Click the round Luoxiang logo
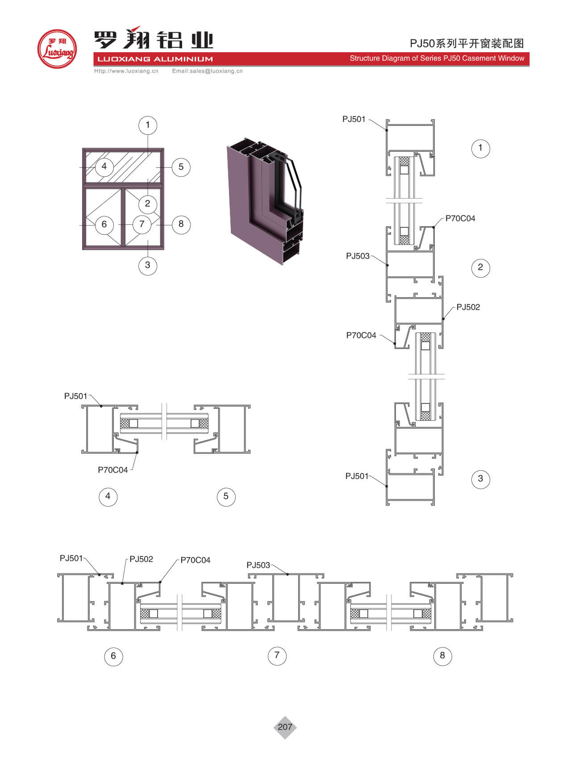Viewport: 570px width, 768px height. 57,49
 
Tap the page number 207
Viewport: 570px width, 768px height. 285,727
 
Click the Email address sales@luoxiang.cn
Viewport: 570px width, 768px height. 208,71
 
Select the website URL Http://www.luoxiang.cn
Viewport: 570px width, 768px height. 126,71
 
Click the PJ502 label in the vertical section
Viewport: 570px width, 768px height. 468,307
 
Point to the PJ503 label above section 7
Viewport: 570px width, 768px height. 258,565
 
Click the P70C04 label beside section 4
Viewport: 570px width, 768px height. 112,470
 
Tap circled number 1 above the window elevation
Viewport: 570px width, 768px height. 148,125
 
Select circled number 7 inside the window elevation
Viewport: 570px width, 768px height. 142,224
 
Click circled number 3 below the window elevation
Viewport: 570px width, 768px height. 148,265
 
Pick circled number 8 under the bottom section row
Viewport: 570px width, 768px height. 442,656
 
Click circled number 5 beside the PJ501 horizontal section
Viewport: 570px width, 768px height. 226,496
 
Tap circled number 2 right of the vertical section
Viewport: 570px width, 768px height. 480,267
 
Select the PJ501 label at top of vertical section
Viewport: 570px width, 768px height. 354,119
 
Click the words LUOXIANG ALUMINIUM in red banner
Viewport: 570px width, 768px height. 155,59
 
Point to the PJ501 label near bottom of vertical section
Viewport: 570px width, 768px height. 357,476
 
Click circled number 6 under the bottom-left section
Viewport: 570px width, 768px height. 113,656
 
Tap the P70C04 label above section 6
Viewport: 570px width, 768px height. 195,560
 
